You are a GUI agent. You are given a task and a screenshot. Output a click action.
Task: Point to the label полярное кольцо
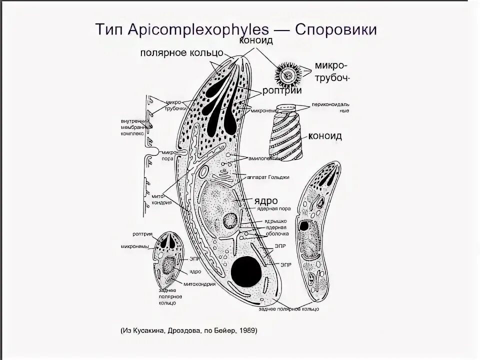tap(181, 52)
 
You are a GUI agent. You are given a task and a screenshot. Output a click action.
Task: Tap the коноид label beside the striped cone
tap(325, 136)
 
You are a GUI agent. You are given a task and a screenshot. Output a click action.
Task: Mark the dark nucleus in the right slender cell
tap(303, 226)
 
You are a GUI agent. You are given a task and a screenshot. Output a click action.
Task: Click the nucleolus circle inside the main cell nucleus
tap(231, 219)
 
